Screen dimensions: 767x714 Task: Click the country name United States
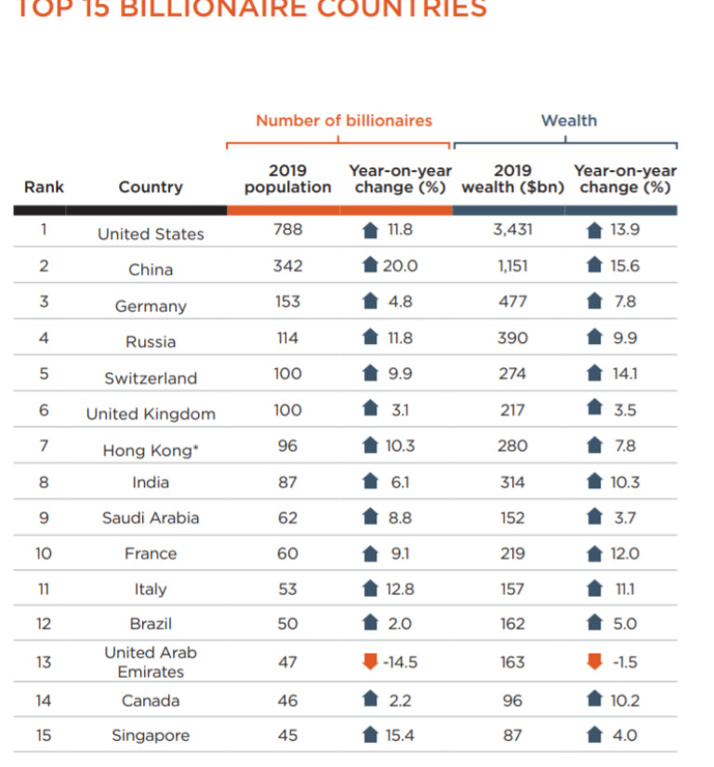tap(151, 234)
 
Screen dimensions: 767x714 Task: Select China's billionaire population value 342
tap(287, 266)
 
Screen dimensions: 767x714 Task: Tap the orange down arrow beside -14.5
tap(370, 662)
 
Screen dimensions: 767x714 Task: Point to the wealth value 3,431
tap(512, 230)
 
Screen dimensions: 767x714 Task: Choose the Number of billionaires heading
tap(344, 121)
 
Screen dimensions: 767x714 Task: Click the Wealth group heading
tap(569, 121)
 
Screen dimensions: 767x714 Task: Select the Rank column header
tap(44, 187)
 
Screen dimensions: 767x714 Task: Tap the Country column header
tap(151, 187)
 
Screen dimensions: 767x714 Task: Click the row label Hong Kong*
tap(151, 451)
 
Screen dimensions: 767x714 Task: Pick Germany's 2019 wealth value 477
tap(512, 301)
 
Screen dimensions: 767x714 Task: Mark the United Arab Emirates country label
tap(151, 662)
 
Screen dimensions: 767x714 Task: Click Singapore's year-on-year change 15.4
tap(400, 735)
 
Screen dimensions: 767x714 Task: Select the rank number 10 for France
tap(44, 553)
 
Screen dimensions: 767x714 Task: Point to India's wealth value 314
tap(512, 483)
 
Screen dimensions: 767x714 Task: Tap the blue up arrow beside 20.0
tap(370, 266)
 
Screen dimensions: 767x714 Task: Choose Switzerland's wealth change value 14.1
tap(624, 374)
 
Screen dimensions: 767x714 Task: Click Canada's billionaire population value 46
tap(287, 700)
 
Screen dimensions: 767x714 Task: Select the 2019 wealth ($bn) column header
tap(512, 179)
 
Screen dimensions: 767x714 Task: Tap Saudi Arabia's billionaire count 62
tap(287, 518)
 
